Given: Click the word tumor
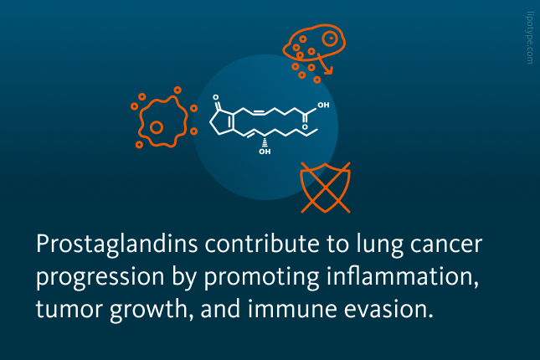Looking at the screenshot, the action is click(x=69, y=309).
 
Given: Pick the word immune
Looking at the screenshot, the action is click(x=292, y=309).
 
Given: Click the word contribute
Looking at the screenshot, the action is click(x=262, y=244).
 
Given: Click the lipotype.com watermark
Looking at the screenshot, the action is click(x=530, y=38).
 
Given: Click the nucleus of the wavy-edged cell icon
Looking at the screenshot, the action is click(x=157, y=127).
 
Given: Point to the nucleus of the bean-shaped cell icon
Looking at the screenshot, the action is click(x=330, y=39).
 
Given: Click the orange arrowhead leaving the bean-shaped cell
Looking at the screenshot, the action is click(x=328, y=71).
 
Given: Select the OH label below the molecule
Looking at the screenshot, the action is click(x=265, y=152).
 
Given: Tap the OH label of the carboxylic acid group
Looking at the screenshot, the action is click(x=323, y=105).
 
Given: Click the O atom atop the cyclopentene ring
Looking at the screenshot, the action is click(x=216, y=97).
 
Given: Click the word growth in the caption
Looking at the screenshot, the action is click(x=149, y=310).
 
